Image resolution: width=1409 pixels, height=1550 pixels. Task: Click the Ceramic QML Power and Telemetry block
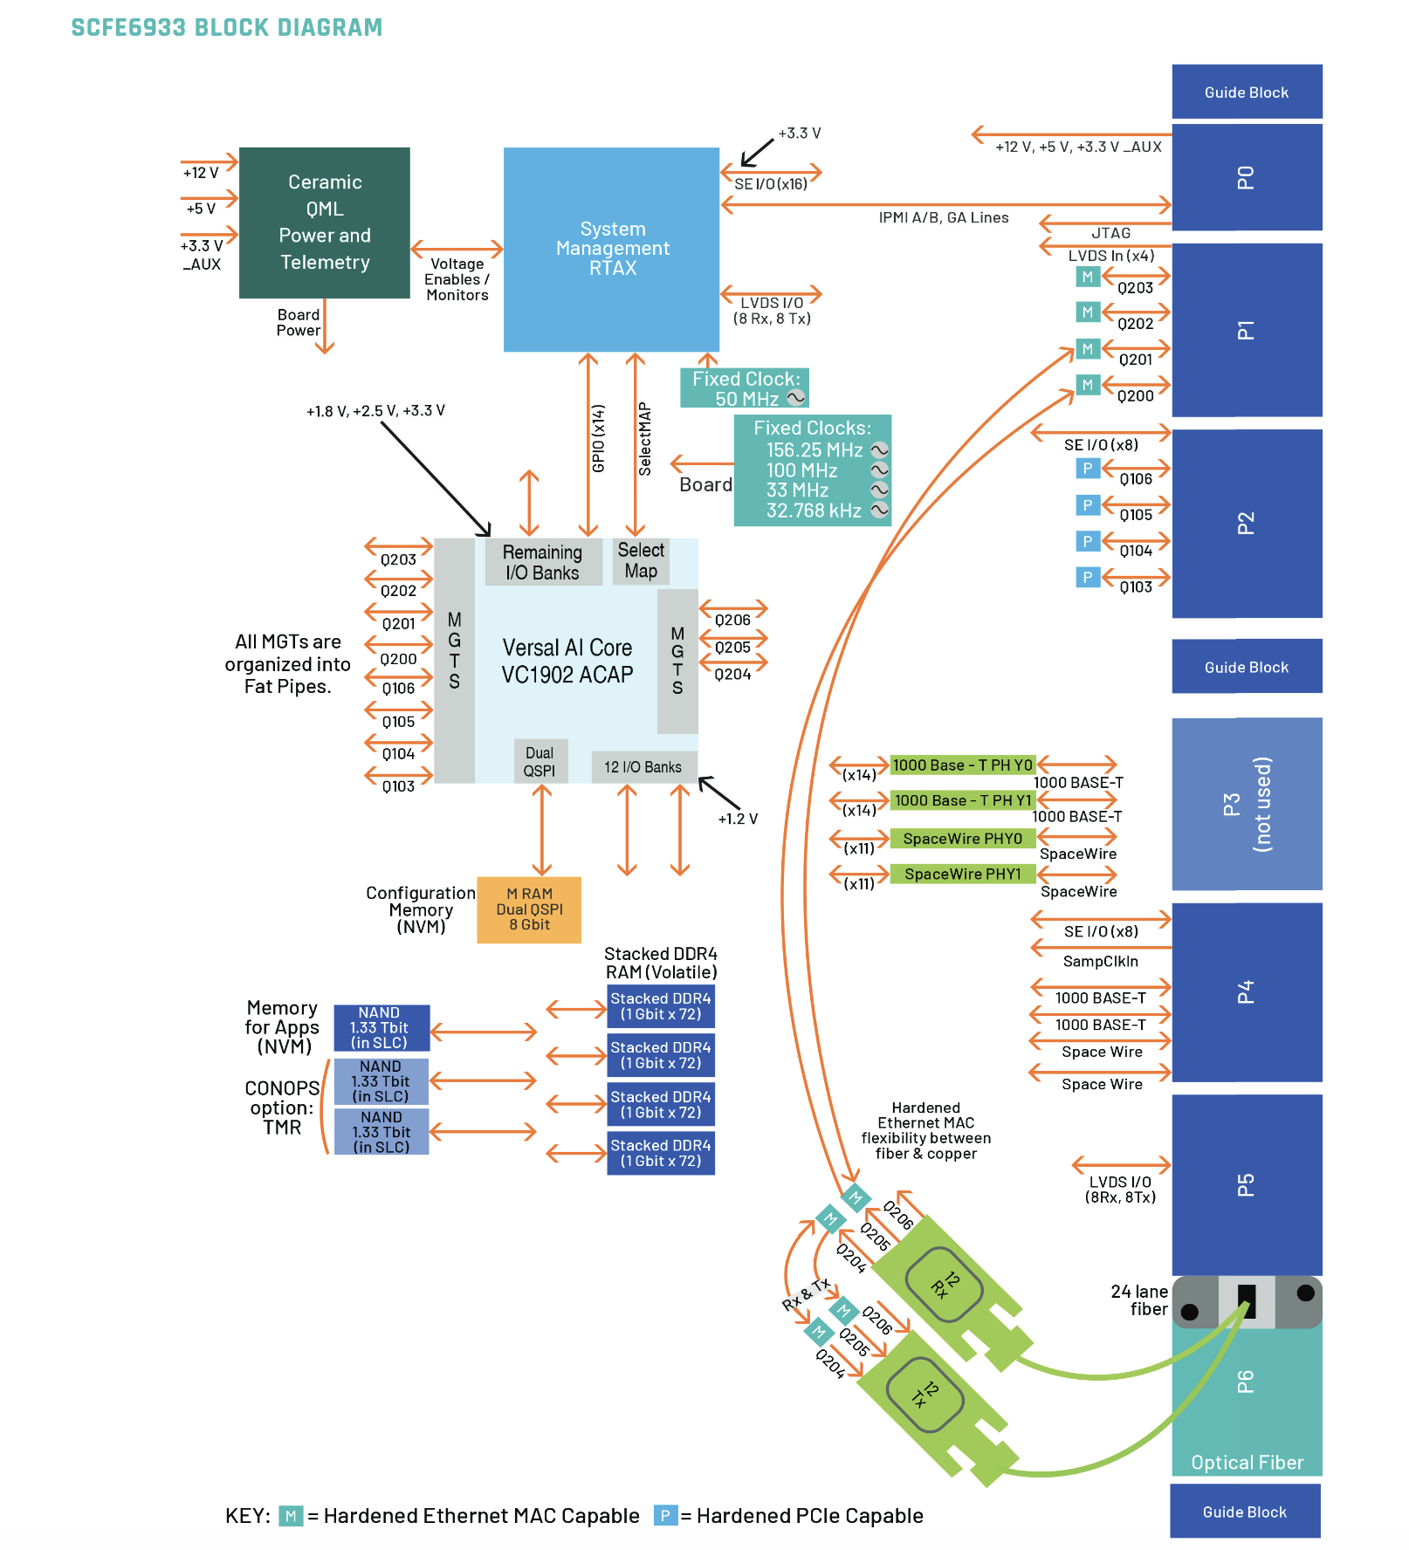[x=324, y=223]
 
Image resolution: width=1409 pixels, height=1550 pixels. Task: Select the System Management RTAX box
[x=611, y=249]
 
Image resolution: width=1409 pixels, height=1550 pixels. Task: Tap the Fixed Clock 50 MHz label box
[x=745, y=388]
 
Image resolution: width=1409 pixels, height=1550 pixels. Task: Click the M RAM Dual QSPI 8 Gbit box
[x=529, y=909]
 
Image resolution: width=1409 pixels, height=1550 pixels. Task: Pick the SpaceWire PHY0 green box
[x=962, y=839]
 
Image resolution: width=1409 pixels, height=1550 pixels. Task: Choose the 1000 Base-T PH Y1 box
[x=962, y=800]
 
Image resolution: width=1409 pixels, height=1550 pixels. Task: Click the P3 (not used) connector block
[x=1246, y=804]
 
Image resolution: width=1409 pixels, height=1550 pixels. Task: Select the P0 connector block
[x=1246, y=177]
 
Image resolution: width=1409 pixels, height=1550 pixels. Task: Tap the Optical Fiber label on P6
[x=1247, y=1463]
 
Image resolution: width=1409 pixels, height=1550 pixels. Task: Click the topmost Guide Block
[x=1246, y=92]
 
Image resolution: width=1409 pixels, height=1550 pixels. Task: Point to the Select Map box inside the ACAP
[x=641, y=561]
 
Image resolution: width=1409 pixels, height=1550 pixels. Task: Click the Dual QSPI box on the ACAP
[x=540, y=762]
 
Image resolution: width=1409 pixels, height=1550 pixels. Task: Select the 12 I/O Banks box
[x=643, y=767]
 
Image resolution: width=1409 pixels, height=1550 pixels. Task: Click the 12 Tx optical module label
[x=924, y=1394]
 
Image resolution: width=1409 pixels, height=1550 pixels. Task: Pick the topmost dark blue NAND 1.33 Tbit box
[x=381, y=1028]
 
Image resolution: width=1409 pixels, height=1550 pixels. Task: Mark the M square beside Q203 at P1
[x=1087, y=278]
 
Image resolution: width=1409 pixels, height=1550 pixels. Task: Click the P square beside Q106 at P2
[x=1087, y=469]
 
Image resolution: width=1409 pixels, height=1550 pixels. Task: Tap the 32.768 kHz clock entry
[x=814, y=511]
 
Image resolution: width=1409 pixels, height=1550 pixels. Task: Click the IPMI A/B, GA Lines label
[x=943, y=218]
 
